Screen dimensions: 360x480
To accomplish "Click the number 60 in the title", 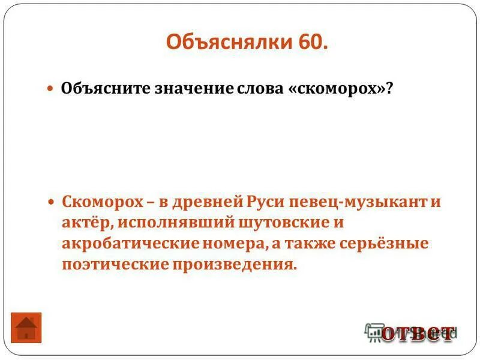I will (312, 43).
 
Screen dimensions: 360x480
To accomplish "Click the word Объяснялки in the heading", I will (228, 43).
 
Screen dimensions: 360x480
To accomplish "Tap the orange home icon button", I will (26, 328).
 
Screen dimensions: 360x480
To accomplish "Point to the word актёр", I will (85, 223).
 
